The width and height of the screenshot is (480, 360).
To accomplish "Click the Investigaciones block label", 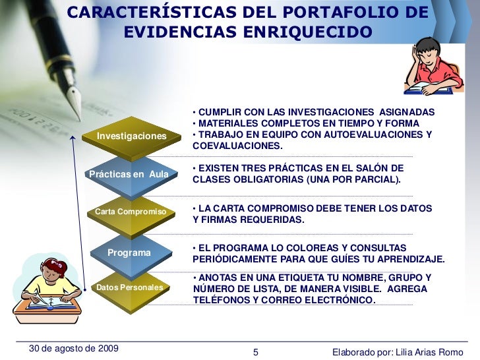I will tap(132, 136).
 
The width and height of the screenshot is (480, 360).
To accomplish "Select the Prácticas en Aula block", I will tap(129, 173).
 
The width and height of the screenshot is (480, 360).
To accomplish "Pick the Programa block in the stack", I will tap(129, 253).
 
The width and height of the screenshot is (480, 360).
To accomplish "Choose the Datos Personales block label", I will tap(129, 288).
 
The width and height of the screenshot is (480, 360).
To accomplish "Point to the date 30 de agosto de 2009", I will tap(69, 348).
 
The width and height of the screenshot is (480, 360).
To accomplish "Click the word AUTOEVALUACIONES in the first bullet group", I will tap(369, 135).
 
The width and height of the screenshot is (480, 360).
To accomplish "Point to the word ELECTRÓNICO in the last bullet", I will tap(341, 300).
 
